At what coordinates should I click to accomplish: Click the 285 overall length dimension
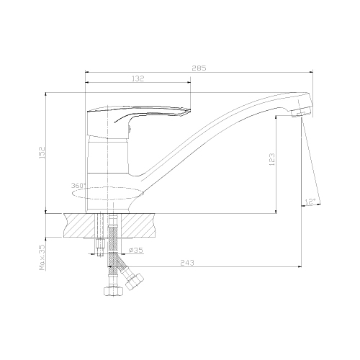click(x=199, y=68)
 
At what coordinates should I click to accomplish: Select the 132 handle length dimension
click(x=138, y=78)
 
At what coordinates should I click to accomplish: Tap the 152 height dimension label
click(x=42, y=152)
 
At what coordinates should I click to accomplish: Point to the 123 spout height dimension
click(x=271, y=159)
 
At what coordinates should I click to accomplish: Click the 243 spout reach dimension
click(x=187, y=263)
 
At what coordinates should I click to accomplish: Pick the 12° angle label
click(x=310, y=202)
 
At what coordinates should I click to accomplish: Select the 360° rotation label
click(x=78, y=186)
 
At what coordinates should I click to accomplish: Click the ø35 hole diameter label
click(x=136, y=251)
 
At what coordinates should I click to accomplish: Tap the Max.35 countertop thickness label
click(x=42, y=258)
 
